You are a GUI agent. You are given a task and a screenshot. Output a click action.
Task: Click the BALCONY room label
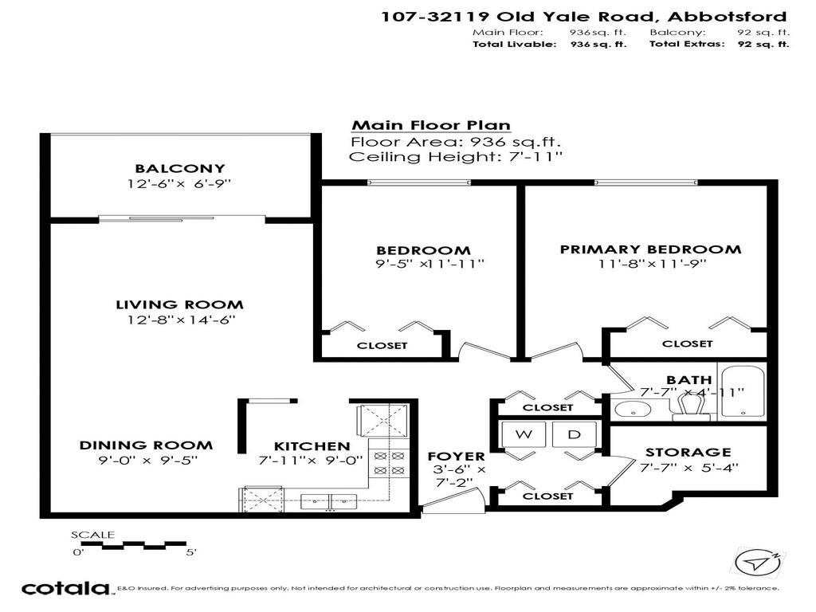coord(180,169)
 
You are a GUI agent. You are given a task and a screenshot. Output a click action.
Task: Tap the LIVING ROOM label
coord(180,304)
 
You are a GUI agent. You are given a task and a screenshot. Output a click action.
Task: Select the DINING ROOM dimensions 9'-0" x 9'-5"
coord(147,460)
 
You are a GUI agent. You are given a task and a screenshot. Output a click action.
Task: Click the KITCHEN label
coord(312,446)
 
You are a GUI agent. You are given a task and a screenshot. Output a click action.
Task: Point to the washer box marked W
coord(524,434)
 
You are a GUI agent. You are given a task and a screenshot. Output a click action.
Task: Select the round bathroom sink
coord(633,410)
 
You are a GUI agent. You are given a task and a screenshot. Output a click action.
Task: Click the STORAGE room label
coord(688,453)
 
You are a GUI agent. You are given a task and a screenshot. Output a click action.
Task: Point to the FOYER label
coord(456,457)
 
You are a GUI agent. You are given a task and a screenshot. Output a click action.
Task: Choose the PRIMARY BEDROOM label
coord(650,249)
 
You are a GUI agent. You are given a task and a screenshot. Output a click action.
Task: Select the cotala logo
coord(65,589)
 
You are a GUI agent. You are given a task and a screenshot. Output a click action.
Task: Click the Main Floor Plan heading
coord(431,126)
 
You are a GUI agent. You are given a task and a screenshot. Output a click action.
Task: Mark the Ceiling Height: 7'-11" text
coord(456,157)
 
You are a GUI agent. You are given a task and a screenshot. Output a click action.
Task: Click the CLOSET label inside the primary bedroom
coord(688,343)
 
